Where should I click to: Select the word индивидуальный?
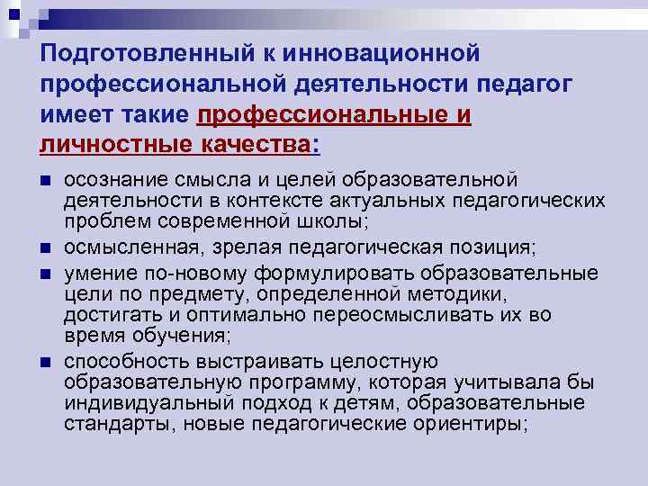[148, 402]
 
